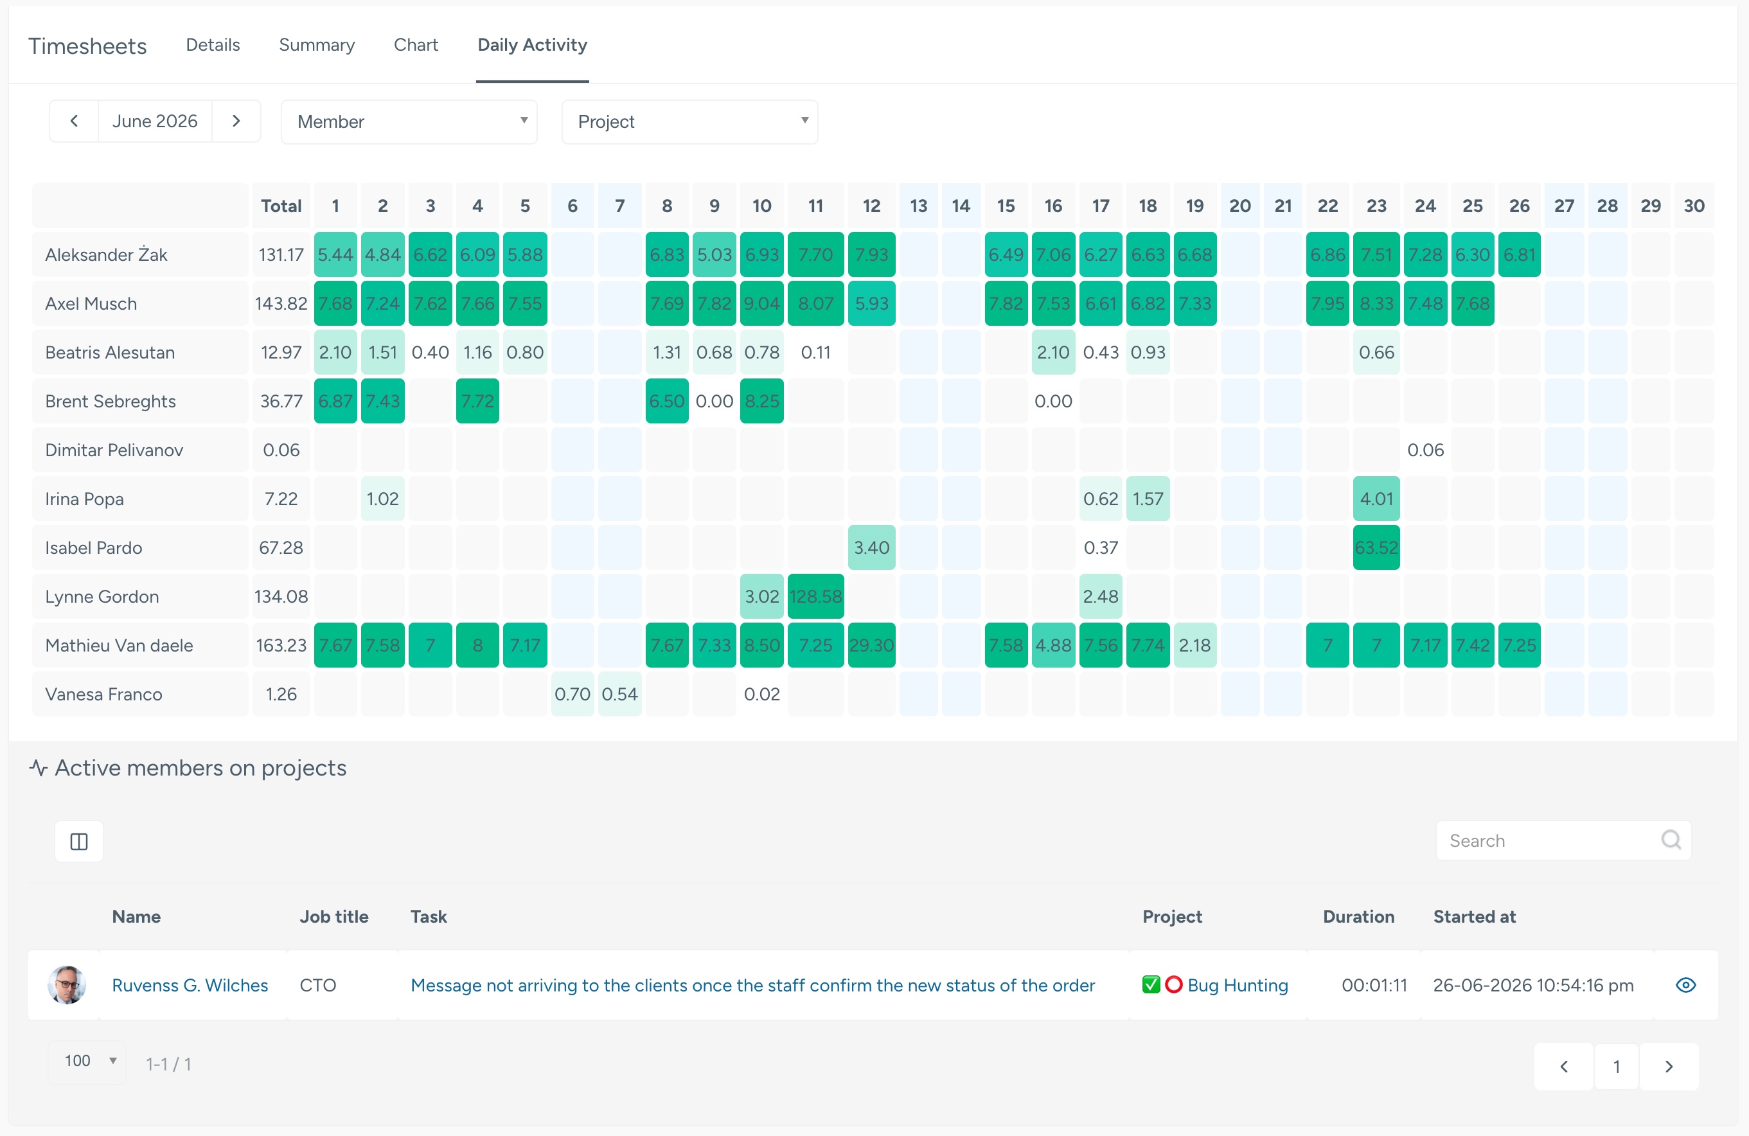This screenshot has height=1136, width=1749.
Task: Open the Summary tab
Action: (317, 45)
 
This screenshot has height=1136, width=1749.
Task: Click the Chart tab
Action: (416, 45)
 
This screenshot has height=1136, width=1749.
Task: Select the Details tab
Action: (213, 45)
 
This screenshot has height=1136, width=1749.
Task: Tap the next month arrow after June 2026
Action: (236, 121)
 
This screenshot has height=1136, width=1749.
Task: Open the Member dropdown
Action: (409, 122)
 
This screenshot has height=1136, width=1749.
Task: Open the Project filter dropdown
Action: (690, 122)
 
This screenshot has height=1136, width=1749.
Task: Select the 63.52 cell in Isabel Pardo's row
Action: (1376, 547)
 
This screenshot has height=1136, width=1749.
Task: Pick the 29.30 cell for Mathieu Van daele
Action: (871, 645)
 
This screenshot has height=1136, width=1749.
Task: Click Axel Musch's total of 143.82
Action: (281, 303)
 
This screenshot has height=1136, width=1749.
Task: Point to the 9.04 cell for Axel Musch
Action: (762, 303)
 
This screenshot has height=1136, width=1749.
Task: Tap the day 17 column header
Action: (1101, 206)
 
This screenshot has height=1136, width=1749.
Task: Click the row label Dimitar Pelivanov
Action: (114, 450)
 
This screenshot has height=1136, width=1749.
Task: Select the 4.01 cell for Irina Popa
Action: (1376, 499)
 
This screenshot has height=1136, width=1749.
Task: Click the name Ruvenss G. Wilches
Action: (190, 986)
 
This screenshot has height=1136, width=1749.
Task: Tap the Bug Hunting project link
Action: (1238, 986)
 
